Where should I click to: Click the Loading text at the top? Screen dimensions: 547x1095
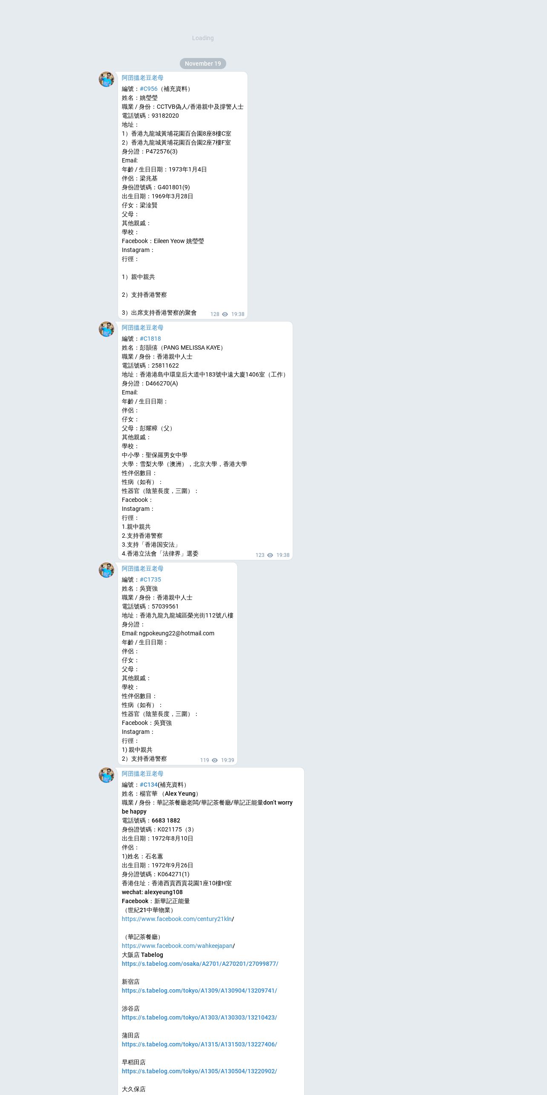(x=203, y=38)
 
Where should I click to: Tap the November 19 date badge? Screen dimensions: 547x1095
(x=203, y=64)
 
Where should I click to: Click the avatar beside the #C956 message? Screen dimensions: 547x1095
(x=107, y=79)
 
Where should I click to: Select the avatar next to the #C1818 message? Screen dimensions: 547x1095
(x=107, y=329)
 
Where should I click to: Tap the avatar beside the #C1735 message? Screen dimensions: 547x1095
(x=107, y=570)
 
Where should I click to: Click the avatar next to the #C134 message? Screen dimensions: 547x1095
(x=107, y=775)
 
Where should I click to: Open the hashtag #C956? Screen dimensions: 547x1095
(x=149, y=89)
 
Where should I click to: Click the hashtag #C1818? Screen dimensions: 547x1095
(x=150, y=339)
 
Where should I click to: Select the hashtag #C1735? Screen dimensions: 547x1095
(x=150, y=579)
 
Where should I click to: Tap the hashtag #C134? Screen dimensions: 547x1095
(x=149, y=785)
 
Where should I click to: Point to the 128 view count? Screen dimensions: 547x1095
(x=215, y=314)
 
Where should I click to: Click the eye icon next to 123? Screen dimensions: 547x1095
(x=270, y=555)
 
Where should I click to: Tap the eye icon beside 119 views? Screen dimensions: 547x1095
(x=215, y=760)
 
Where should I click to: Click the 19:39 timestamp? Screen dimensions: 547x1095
(x=227, y=760)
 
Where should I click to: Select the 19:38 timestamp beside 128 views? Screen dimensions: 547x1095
(x=238, y=314)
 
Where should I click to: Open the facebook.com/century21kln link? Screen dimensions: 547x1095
(x=177, y=919)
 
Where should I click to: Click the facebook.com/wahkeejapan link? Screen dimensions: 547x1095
(x=177, y=946)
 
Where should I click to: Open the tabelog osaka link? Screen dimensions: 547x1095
(x=200, y=964)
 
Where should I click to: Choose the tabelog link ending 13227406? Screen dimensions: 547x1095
(x=199, y=1044)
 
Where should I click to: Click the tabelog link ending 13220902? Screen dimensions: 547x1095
(x=199, y=1071)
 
